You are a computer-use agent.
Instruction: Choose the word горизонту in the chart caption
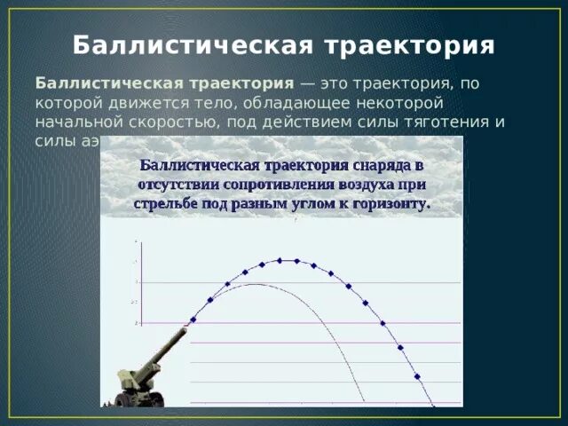[x=392, y=203]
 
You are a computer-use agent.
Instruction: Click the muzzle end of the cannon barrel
[x=185, y=331]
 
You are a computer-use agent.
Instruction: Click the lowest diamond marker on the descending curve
[x=433, y=406]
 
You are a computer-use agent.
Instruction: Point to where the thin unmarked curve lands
[x=365, y=405]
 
